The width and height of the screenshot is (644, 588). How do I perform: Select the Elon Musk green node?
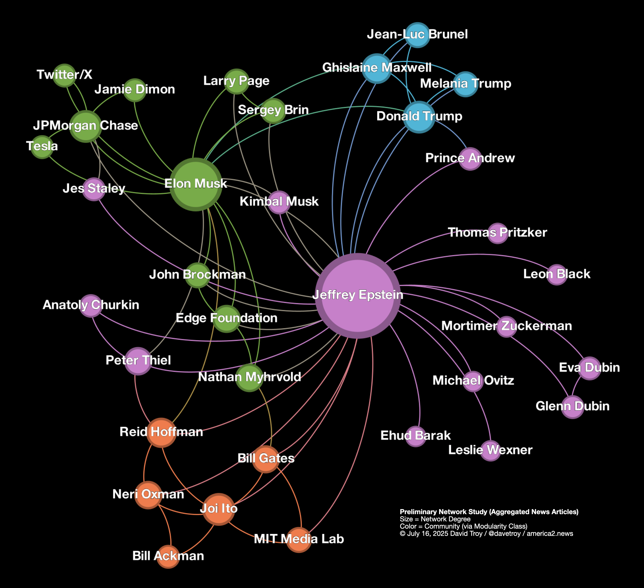click(195, 184)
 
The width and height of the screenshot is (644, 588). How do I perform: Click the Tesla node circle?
click(42, 147)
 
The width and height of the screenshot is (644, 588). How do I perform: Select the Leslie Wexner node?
click(490, 451)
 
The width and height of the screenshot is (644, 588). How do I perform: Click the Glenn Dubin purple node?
click(572, 407)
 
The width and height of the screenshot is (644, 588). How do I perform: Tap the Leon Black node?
click(557, 274)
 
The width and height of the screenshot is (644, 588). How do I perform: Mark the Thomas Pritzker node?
click(497, 233)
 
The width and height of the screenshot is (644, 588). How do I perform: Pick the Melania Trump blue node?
click(465, 84)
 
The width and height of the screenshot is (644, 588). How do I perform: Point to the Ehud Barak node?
click(415, 436)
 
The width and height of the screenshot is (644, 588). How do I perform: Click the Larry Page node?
click(236, 81)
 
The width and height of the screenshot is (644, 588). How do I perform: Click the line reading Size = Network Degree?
click(435, 519)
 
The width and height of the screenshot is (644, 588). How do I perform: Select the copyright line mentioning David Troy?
click(486, 534)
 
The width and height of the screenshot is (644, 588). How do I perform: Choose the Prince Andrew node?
click(470, 159)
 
